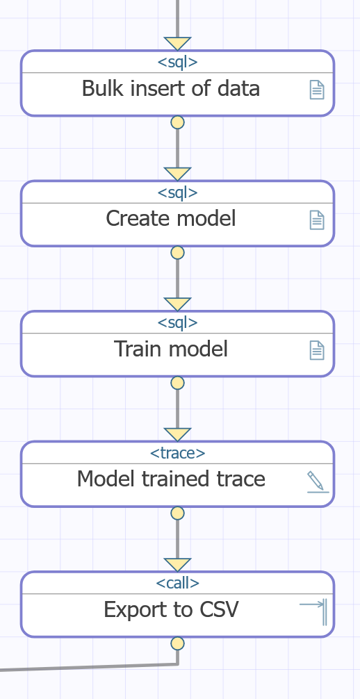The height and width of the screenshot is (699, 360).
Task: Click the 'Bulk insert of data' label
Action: [x=171, y=88]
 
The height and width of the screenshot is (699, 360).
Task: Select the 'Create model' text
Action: [x=171, y=218]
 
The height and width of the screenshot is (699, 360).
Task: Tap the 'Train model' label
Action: [x=171, y=349]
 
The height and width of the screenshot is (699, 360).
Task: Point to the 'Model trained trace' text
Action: [x=171, y=479]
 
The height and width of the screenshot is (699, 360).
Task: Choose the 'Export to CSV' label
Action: [x=171, y=609]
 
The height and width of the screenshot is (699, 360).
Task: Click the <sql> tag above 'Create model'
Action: [x=177, y=192]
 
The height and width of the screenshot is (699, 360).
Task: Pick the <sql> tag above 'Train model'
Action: [x=177, y=323]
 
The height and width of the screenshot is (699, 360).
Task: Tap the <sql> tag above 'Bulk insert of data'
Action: [x=177, y=63]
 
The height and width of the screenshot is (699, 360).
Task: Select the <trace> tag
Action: [x=177, y=453]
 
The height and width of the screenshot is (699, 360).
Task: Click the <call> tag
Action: [x=177, y=583]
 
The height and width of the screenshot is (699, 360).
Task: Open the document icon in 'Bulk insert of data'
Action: [x=317, y=90]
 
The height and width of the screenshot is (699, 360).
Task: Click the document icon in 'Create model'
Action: [x=317, y=220]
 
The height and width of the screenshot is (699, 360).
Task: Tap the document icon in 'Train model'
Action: [x=317, y=350]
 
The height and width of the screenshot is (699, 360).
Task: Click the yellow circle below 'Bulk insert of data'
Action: [x=177, y=122]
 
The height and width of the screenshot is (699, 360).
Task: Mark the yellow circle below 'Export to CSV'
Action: [x=177, y=643]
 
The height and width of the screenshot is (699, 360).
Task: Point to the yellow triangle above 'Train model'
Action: [x=177, y=303]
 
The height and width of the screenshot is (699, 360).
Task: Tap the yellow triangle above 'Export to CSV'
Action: [x=177, y=564]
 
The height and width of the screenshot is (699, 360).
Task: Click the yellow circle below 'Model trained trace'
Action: [x=177, y=513]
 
